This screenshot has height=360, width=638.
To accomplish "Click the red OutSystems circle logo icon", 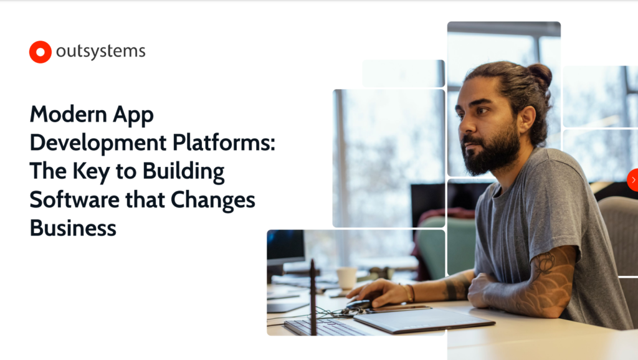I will [40, 52].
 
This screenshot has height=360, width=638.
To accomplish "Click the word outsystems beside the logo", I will [100, 52].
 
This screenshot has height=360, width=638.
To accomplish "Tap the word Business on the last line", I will [73, 228].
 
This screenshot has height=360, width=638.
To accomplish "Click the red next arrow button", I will [633, 179].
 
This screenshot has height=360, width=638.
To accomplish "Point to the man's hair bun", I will [540, 74].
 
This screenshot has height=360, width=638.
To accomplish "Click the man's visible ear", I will [526, 118].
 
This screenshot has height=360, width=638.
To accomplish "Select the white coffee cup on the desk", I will [346, 278].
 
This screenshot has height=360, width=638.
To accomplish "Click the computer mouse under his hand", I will [359, 304].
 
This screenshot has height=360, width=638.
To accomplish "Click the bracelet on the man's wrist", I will [409, 293].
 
